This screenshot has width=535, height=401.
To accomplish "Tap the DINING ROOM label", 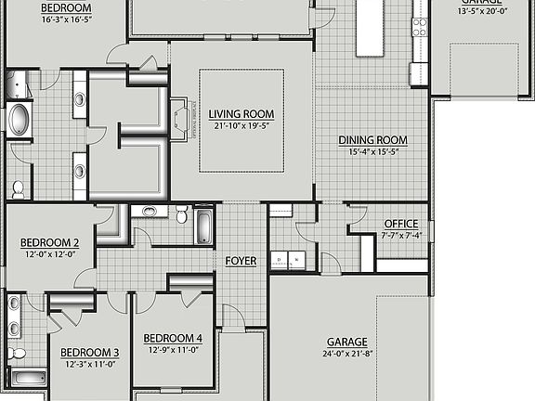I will (x=378, y=141).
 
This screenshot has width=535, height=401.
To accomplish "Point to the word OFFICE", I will (x=401, y=224).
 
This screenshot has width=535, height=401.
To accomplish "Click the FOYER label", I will (x=241, y=261).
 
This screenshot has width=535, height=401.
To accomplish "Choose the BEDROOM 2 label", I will (x=50, y=242).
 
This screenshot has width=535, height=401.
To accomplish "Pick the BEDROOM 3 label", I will (x=90, y=353).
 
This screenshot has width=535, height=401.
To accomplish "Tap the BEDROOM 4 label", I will (x=175, y=337).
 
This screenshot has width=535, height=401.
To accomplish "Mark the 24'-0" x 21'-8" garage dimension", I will (x=346, y=354).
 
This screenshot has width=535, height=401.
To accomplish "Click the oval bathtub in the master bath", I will (x=20, y=121).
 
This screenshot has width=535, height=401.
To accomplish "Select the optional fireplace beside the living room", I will (x=179, y=119).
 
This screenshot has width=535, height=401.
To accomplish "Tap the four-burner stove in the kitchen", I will (x=420, y=26).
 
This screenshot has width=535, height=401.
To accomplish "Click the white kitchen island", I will (x=369, y=25).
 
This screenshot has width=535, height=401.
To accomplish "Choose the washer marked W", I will (x=294, y=261).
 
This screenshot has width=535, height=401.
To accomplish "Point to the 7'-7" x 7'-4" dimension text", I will (x=401, y=235).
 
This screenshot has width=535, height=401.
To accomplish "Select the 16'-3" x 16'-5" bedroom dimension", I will (x=66, y=19).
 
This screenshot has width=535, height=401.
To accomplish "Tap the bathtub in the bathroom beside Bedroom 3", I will (x=29, y=378).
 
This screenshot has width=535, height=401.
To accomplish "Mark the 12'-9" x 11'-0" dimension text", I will (x=175, y=350).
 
